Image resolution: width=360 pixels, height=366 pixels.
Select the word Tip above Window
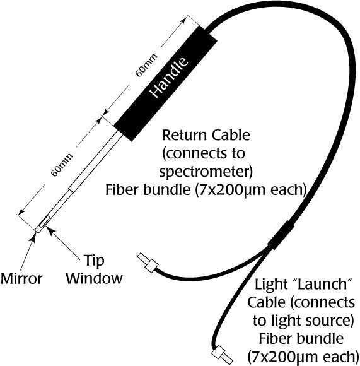95,259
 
